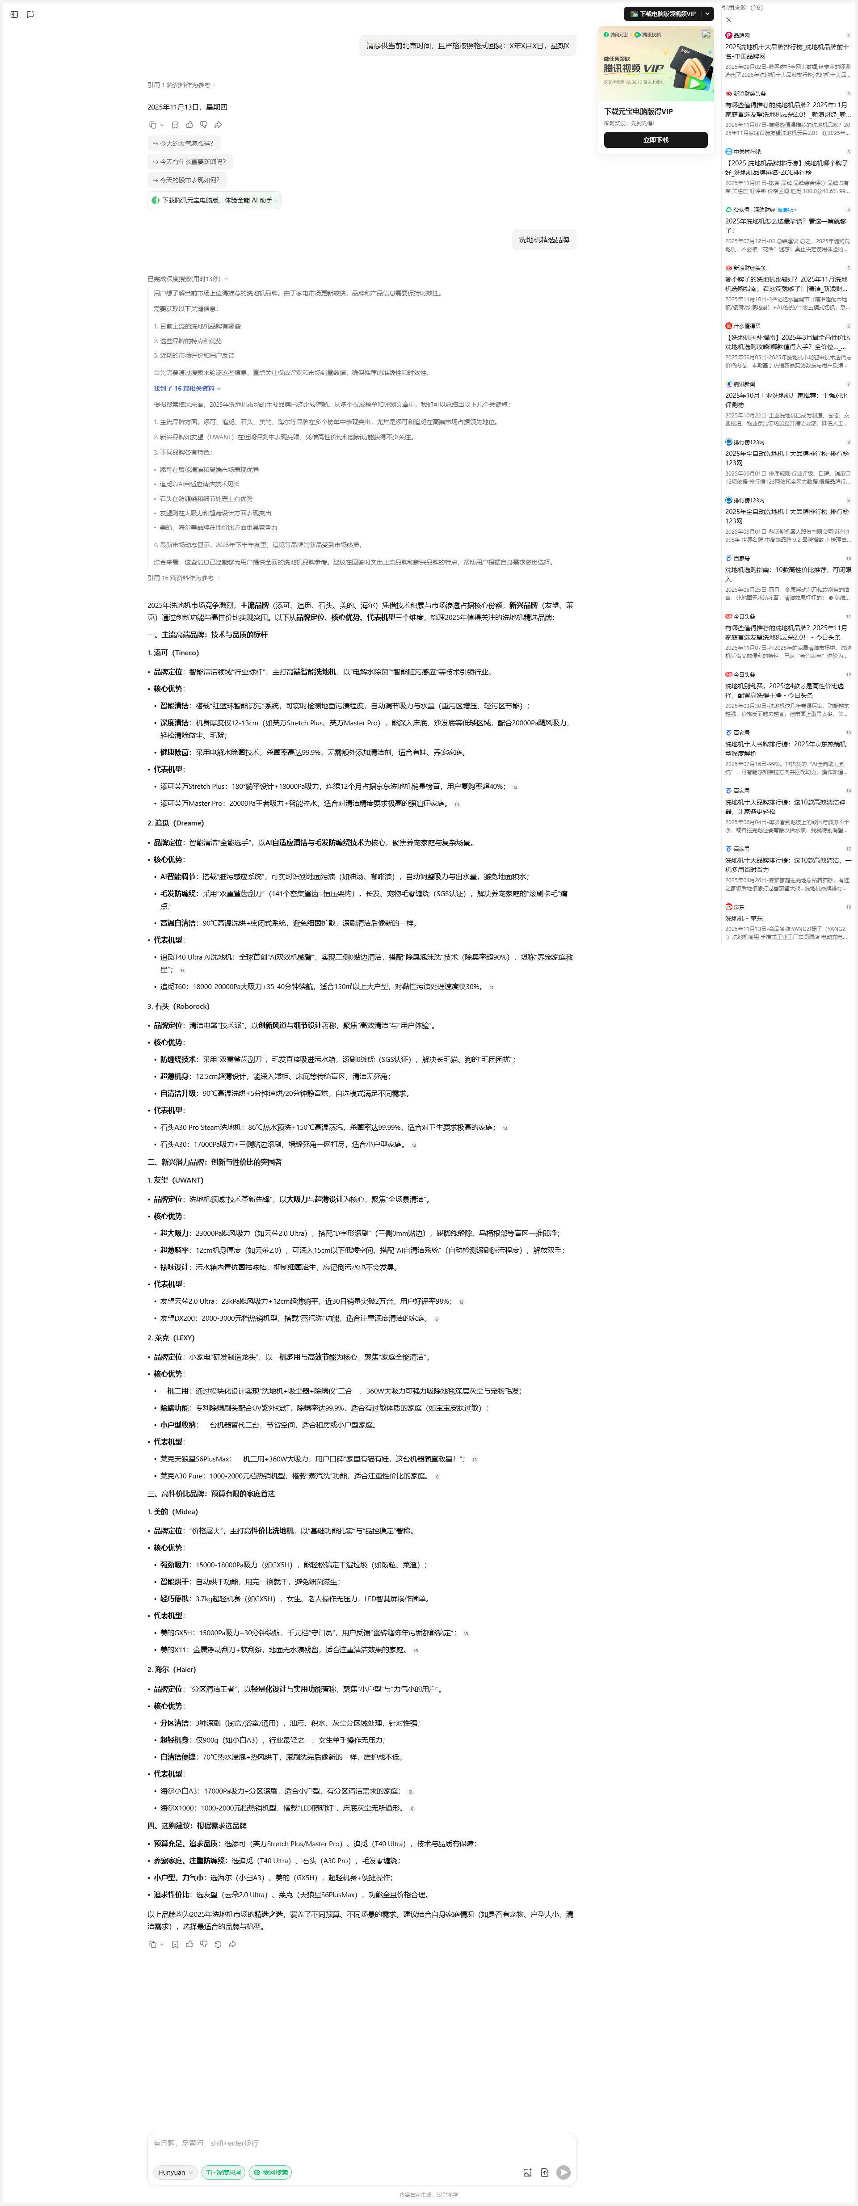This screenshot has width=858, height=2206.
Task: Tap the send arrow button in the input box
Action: pyautogui.click(x=563, y=2172)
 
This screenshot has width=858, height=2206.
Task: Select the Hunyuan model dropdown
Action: pyautogui.click(x=175, y=2172)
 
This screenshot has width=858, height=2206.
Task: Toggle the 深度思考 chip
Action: pyautogui.click(x=223, y=2172)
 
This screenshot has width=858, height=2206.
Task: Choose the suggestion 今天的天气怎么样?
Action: pyautogui.click(x=183, y=143)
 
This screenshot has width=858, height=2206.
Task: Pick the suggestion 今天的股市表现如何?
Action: pyautogui.click(x=186, y=180)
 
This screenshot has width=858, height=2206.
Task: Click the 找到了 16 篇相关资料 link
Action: pyautogui.click(x=187, y=388)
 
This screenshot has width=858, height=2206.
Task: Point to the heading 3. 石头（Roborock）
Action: pyautogui.click(x=178, y=1006)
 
